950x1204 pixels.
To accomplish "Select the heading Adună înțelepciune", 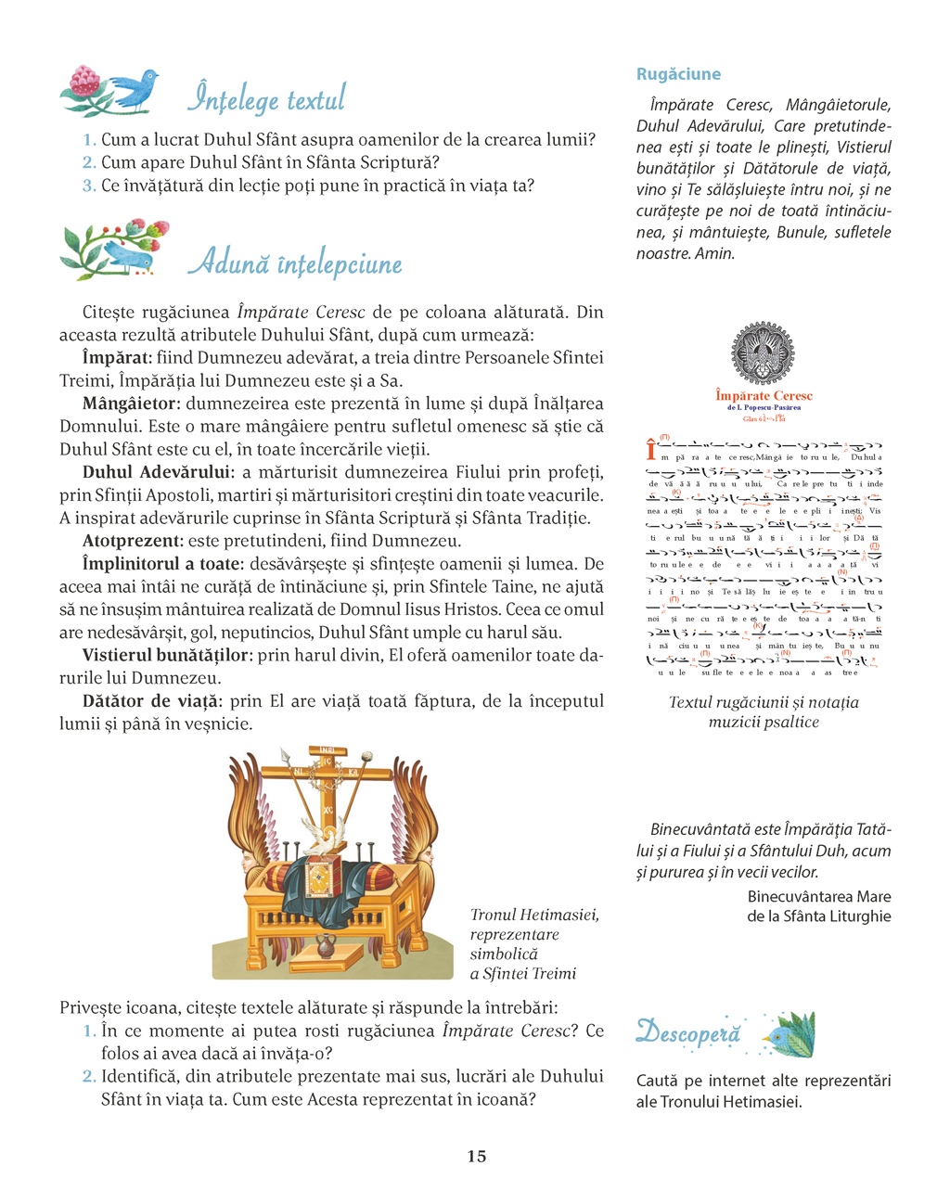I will point(295,263).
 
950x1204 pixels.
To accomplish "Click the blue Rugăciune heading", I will point(678,74).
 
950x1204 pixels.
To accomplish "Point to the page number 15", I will point(476,1156).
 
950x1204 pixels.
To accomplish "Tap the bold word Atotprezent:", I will point(130,541).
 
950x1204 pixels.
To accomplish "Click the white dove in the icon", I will point(323,833).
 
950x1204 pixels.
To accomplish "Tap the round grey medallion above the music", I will point(764,353).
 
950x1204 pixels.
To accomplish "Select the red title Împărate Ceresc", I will point(764,396).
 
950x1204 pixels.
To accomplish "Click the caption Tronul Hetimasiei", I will point(534,916).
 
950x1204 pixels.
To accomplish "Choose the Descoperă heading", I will point(688,1032).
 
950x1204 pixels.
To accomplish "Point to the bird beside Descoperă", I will point(789,1033).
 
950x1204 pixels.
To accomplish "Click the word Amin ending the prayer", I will point(713,253).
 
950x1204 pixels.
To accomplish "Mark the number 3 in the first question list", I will point(89,186).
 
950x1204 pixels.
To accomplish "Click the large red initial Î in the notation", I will point(651,451).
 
